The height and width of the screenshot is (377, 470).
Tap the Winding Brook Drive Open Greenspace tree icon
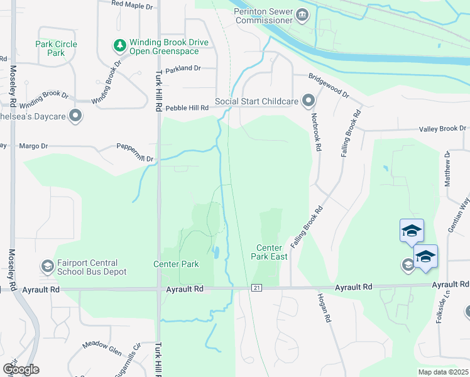[119, 45]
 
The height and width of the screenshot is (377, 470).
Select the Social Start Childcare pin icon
[309, 101]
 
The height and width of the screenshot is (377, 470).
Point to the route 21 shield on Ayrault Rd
[256, 287]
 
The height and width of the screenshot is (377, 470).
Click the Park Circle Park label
[57, 48]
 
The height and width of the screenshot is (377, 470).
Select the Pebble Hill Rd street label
[187, 108]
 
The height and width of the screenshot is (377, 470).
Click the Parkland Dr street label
[183, 68]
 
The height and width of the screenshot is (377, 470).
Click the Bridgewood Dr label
[328, 85]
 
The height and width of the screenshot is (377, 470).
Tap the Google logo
[21, 369]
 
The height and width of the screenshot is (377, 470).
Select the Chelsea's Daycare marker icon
[76, 116]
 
